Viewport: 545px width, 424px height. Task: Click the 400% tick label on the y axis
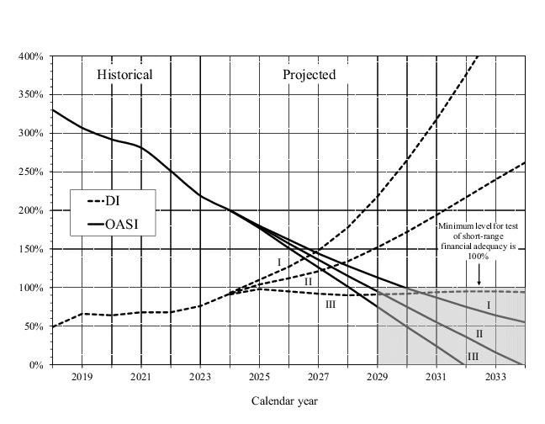pyautogui.click(x=32, y=56)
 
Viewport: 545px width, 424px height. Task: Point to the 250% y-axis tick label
pyautogui.click(x=32, y=172)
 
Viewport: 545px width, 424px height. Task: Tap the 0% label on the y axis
pyautogui.click(x=37, y=365)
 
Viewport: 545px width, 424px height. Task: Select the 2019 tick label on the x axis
pyautogui.click(x=82, y=378)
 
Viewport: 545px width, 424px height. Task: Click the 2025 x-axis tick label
pyautogui.click(x=259, y=378)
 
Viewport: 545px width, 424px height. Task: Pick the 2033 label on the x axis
pyautogui.click(x=495, y=378)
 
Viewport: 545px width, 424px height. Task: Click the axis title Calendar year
pyautogui.click(x=285, y=401)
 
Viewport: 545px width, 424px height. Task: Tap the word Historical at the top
pyautogui.click(x=124, y=75)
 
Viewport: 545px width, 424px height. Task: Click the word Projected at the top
pyautogui.click(x=309, y=75)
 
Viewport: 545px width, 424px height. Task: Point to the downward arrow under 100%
pyautogui.click(x=479, y=277)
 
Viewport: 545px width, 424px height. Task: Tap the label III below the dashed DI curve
pyautogui.click(x=331, y=305)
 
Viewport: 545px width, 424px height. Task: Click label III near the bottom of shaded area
pyautogui.click(x=474, y=357)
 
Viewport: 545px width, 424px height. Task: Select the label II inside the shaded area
pyautogui.click(x=479, y=334)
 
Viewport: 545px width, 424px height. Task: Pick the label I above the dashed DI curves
pyautogui.click(x=279, y=262)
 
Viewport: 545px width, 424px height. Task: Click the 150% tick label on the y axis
pyautogui.click(x=32, y=249)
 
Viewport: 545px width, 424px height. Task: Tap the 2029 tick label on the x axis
pyautogui.click(x=378, y=378)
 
